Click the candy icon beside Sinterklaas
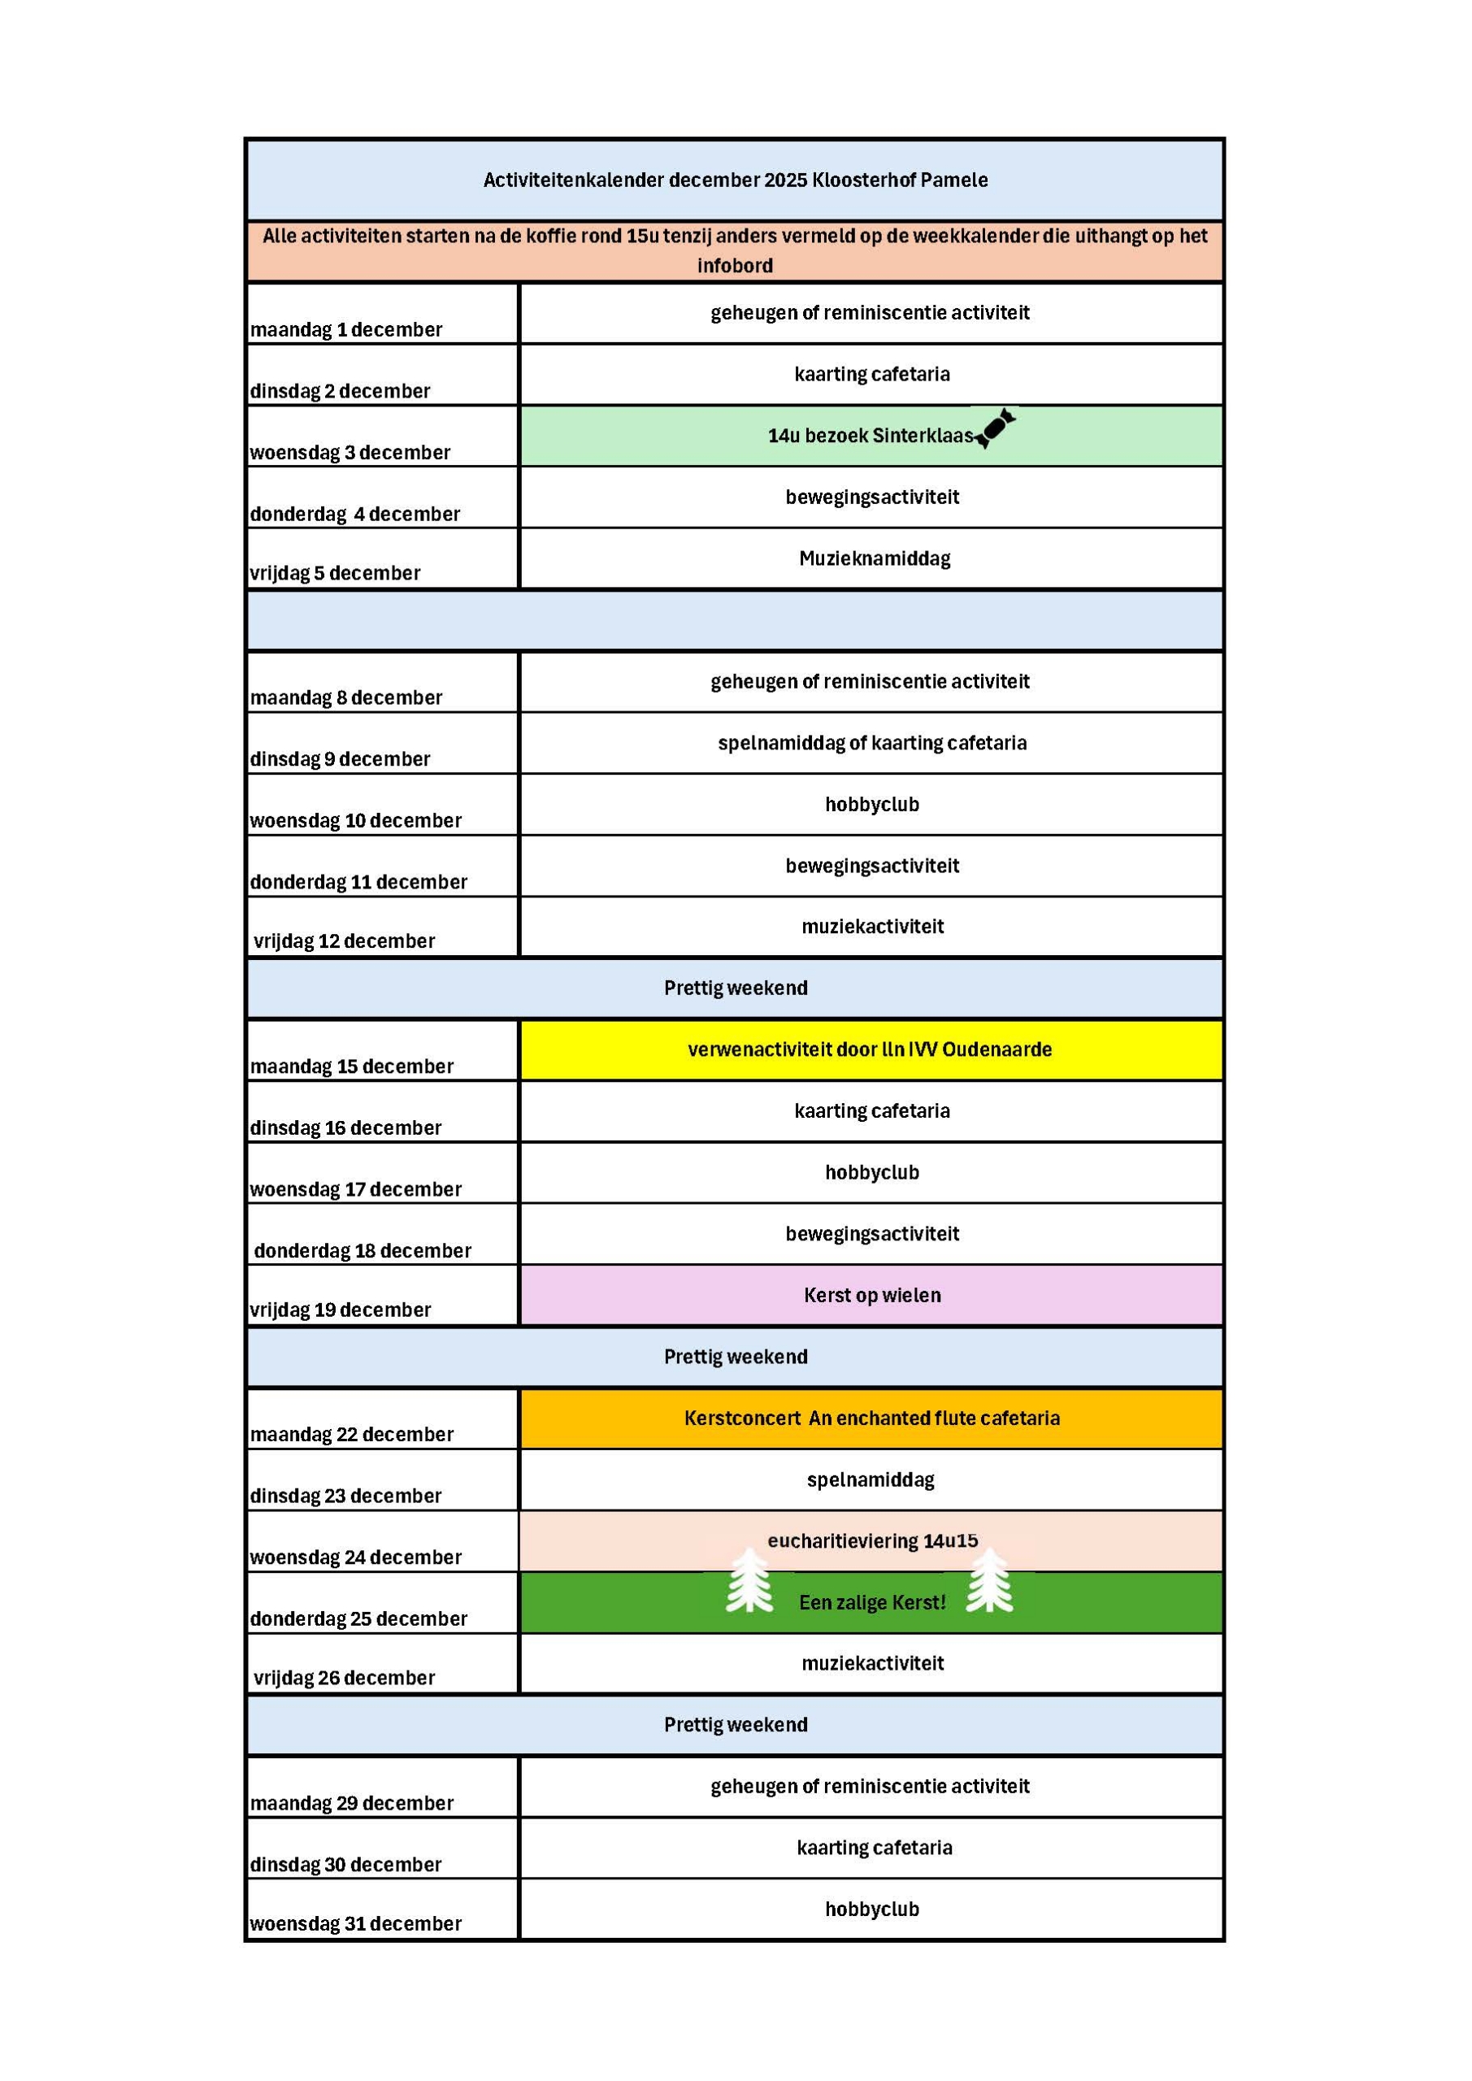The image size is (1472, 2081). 994,428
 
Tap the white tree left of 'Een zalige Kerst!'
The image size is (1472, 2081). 749,1582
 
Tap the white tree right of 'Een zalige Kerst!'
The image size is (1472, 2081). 989,1582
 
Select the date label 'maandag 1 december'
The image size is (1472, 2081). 346,330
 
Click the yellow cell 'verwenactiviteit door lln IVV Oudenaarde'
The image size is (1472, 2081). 871,1049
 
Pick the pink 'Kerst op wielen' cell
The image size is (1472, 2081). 872,1295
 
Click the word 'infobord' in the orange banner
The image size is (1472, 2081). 735,266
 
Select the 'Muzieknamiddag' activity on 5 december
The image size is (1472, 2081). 875,558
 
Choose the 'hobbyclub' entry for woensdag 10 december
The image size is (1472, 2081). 872,804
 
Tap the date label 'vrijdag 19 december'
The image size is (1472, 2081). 341,1310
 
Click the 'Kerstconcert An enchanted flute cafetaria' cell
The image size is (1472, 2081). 872,1418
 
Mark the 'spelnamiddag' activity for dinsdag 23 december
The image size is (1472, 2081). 871,1479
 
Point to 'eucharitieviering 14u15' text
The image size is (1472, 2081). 873,1540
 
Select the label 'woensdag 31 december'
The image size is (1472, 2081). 356,1923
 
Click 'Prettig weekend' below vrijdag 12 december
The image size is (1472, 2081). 735,988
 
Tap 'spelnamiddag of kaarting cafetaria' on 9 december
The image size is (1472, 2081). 872,743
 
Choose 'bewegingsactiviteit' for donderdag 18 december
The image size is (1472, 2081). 872,1233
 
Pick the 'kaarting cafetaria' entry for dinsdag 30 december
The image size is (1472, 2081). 875,1847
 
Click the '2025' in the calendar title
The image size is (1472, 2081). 785,180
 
